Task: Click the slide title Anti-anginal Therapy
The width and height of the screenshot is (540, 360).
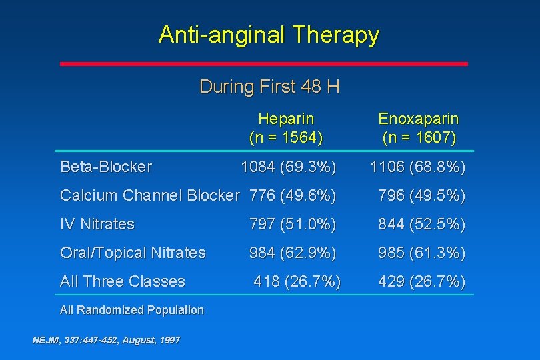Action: click(x=269, y=35)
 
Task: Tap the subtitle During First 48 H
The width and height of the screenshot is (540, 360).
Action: click(x=269, y=87)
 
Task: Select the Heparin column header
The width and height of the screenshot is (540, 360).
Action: click(x=286, y=128)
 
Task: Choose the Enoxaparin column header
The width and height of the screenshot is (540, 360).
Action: click(x=419, y=128)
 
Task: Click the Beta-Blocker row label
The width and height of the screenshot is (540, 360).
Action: click(x=106, y=167)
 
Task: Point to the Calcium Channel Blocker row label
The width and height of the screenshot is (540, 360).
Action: click(x=149, y=195)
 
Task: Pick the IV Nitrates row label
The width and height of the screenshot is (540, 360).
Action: click(x=97, y=225)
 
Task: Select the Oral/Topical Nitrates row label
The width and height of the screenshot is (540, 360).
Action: click(x=133, y=253)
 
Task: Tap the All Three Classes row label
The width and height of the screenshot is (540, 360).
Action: click(x=123, y=281)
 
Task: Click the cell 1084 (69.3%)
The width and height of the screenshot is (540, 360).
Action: click(x=289, y=167)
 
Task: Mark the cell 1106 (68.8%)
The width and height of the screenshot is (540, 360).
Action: click(x=418, y=167)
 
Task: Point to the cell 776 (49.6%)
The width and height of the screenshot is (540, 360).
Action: click(x=293, y=195)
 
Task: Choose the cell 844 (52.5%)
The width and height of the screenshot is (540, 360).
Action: click(x=422, y=225)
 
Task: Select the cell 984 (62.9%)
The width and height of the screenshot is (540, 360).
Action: click(x=293, y=253)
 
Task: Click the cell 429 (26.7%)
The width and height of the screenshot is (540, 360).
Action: click(x=422, y=281)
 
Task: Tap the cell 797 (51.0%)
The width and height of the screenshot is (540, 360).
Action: click(x=293, y=225)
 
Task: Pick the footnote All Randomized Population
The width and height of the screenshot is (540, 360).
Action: click(x=132, y=310)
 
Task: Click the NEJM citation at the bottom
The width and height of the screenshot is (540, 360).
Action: click(x=106, y=340)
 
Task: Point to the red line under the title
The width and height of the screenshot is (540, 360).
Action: click(x=264, y=64)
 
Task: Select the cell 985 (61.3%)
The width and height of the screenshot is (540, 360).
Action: click(x=422, y=253)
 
